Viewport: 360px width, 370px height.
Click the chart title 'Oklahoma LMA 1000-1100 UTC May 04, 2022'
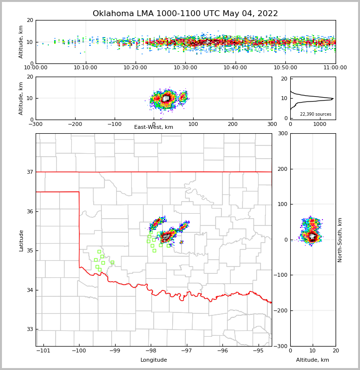185,14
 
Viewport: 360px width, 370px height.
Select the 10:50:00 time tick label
285,68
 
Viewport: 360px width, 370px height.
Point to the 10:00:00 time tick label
36,68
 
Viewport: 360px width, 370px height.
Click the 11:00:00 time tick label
335,68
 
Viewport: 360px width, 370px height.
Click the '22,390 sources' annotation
316,114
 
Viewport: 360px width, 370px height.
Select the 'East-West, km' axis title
154,127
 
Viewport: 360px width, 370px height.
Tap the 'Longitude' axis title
154,360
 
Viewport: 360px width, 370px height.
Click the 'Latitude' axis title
21,240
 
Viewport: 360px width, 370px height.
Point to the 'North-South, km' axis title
340,240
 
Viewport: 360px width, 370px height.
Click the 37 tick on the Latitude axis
30,172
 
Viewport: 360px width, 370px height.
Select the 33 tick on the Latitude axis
30,329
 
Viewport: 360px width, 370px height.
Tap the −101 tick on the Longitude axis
43,350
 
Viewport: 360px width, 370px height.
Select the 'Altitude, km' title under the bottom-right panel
313,360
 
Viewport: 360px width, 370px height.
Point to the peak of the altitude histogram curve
333,99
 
